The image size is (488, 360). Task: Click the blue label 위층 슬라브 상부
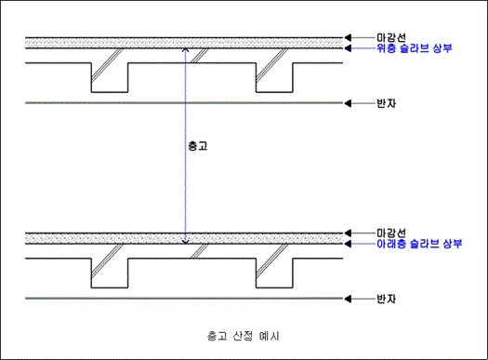pyautogui.click(x=415, y=48)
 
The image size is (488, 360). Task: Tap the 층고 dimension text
pyautogui.click(x=197, y=146)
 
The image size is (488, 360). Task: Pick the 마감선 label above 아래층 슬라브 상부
pyautogui.click(x=390, y=232)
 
